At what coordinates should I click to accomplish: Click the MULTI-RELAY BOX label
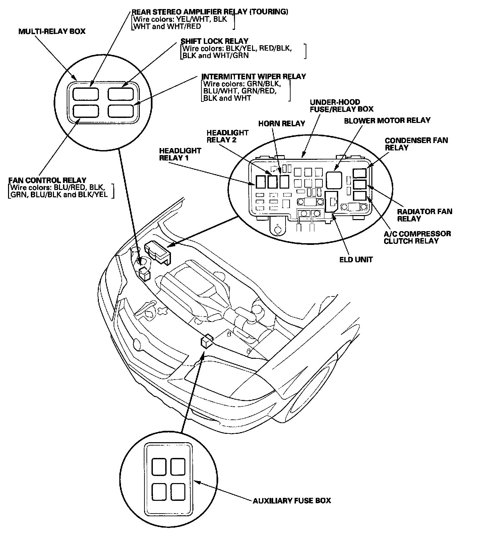(x=52, y=31)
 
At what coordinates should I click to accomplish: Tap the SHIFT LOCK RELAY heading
(x=215, y=41)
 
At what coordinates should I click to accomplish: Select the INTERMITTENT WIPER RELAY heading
(x=254, y=77)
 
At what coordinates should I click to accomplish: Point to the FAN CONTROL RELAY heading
(x=47, y=180)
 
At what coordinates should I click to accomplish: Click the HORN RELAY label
(x=282, y=124)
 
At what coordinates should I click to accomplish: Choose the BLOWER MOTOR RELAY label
(x=387, y=120)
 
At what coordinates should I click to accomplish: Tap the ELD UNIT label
(x=355, y=259)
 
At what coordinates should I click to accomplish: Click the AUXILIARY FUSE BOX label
(x=292, y=500)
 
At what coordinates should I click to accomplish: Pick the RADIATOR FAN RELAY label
(x=424, y=215)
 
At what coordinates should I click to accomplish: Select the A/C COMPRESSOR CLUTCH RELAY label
(x=417, y=237)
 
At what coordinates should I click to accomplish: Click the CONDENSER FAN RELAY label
(x=416, y=144)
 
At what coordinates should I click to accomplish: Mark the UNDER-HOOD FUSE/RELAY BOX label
(x=341, y=106)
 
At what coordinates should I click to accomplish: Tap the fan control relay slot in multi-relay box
(x=85, y=111)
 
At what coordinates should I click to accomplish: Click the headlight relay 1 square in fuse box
(x=261, y=182)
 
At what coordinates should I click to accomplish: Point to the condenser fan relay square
(x=360, y=173)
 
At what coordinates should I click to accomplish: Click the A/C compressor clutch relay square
(x=360, y=196)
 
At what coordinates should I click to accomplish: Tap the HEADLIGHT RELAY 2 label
(x=227, y=136)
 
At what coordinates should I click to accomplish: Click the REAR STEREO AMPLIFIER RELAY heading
(x=210, y=12)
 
